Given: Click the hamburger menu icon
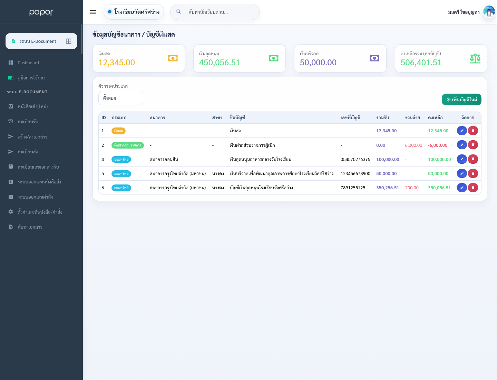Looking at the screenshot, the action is coord(93,12).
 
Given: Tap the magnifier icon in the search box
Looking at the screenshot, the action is coord(178,11).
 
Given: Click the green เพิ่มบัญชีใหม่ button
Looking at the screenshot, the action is coord(461,99).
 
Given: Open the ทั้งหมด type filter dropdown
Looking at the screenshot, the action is coord(121,98).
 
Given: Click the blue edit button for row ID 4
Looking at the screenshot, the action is coord(462,159).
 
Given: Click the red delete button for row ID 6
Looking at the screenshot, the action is coord(473,188).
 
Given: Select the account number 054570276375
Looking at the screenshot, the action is coord(355,159).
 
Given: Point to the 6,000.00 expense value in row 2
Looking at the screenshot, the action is coord(413,145).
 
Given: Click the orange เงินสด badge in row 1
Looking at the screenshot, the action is coord(118,131).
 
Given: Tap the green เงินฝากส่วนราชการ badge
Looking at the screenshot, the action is coord(127,145).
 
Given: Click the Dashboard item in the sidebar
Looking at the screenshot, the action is coord(28,63).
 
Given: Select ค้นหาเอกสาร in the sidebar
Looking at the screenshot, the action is coord(30,227).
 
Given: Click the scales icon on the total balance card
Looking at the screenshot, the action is coord(475,58).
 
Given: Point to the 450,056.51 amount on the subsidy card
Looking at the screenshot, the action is coord(220,62).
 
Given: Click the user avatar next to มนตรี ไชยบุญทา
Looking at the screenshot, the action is coord(489,11).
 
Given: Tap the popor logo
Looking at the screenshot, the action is coord(41,12).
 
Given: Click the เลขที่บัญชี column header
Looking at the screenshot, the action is coord(350,117).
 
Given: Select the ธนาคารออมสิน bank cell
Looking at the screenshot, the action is coord(164,159).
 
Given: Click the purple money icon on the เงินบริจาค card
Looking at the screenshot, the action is coord(374,58).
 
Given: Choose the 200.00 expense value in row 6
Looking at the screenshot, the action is coord(412,188).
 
